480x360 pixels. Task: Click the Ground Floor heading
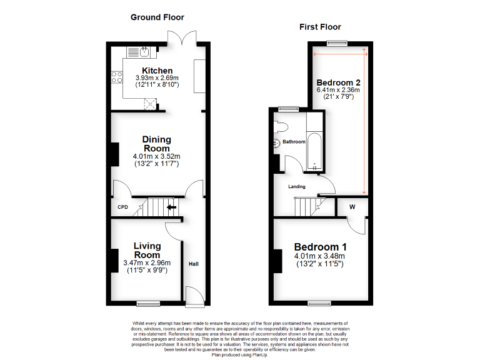point(157,17)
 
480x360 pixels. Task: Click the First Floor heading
point(319,27)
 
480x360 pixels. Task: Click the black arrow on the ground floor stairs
point(171,207)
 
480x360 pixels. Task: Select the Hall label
point(194,264)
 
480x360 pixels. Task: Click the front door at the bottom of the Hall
point(194,296)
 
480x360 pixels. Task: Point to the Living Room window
point(148,304)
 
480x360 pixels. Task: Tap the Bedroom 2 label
point(338,82)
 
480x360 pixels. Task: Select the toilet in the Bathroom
point(280,127)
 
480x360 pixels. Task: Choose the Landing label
point(296,187)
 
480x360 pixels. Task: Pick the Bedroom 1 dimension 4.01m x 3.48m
point(319,256)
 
